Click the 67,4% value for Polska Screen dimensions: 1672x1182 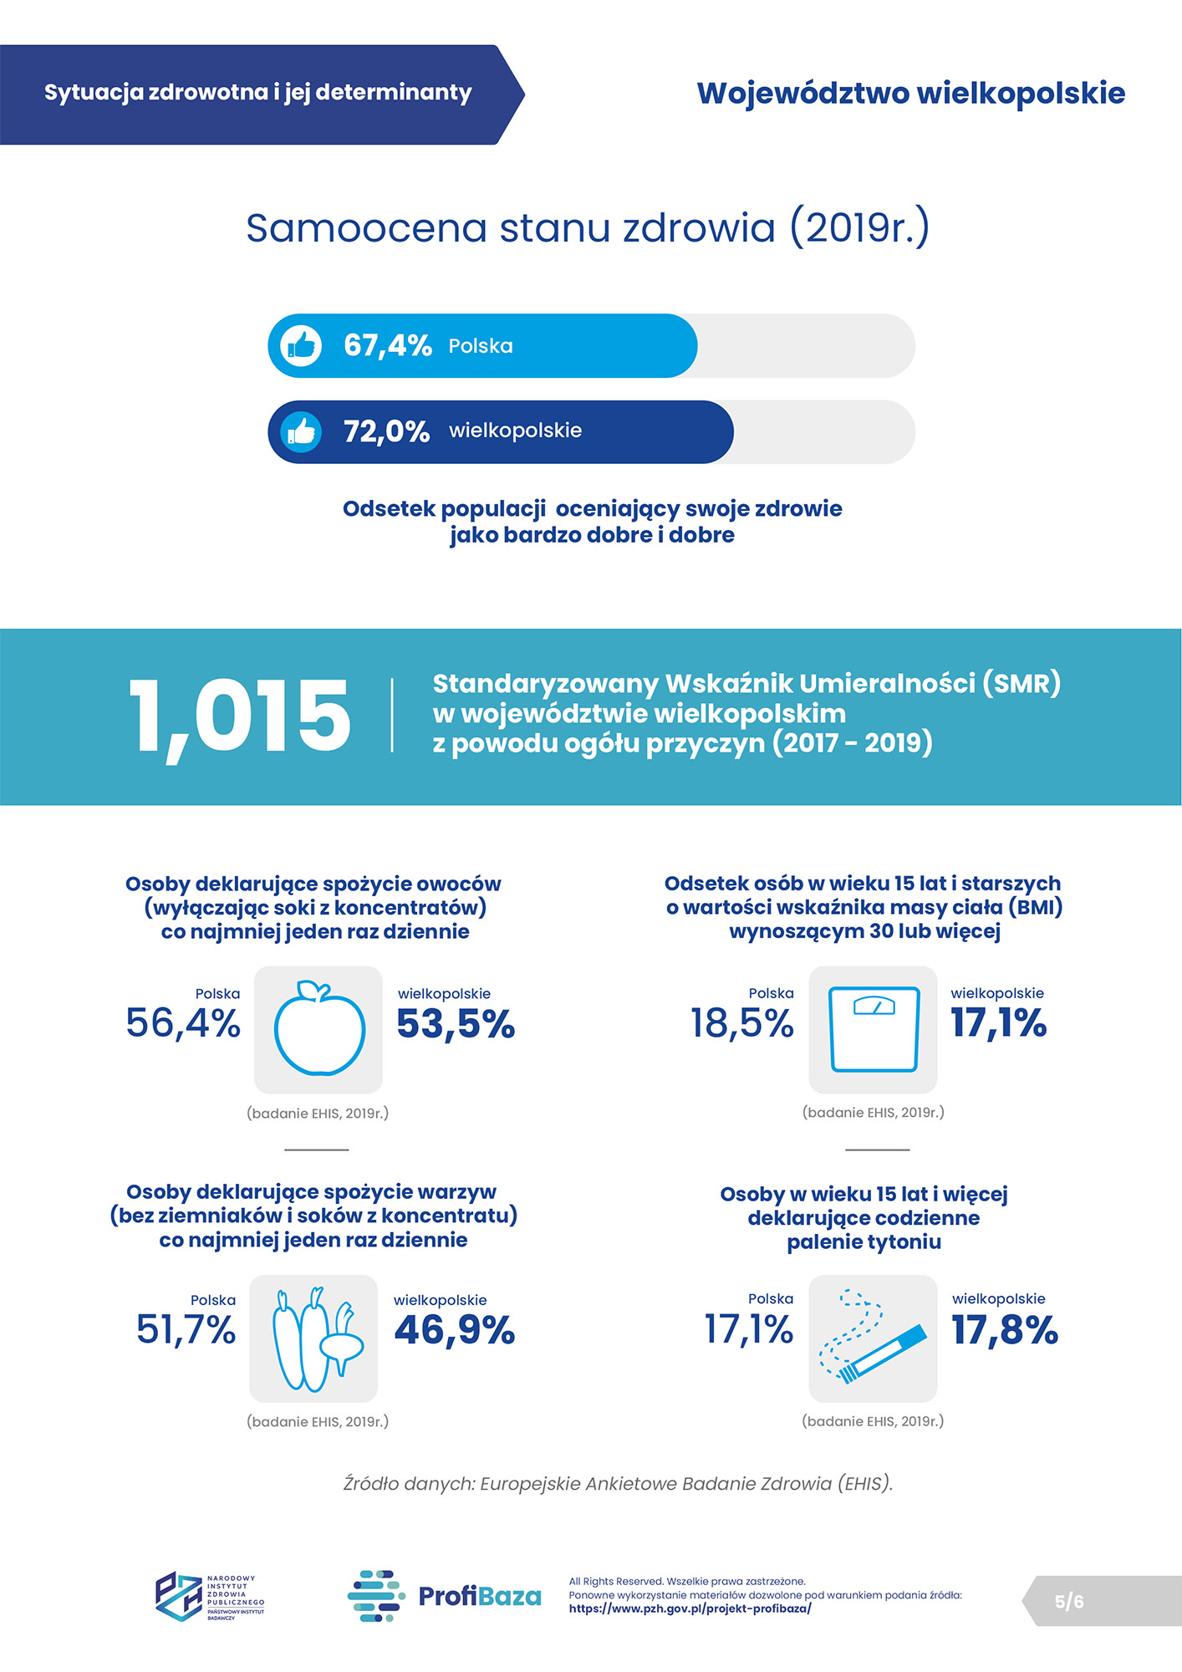(x=387, y=345)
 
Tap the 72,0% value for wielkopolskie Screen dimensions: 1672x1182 (x=386, y=431)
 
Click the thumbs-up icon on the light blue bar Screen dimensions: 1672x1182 (x=301, y=345)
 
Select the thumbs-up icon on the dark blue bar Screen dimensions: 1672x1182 (x=301, y=431)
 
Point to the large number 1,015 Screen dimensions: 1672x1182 (x=239, y=717)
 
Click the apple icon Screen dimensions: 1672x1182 (x=318, y=1029)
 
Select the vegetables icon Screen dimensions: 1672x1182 (x=314, y=1338)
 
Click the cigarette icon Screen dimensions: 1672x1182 (x=873, y=1338)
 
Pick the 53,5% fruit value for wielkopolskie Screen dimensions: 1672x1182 (x=456, y=1024)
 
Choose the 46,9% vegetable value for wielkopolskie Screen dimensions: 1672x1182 (x=454, y=1330)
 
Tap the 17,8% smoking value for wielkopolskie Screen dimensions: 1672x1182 (x=1005, y=1330)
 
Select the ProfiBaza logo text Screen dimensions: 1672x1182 (x=479, y=1596)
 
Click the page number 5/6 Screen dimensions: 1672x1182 (x=1069, y=1601)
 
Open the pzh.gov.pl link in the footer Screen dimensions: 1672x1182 (x=690, y=1608)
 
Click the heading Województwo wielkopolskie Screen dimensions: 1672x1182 (x=911, y=94)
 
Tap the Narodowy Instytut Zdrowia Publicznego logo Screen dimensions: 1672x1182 (x=210, y=1596)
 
